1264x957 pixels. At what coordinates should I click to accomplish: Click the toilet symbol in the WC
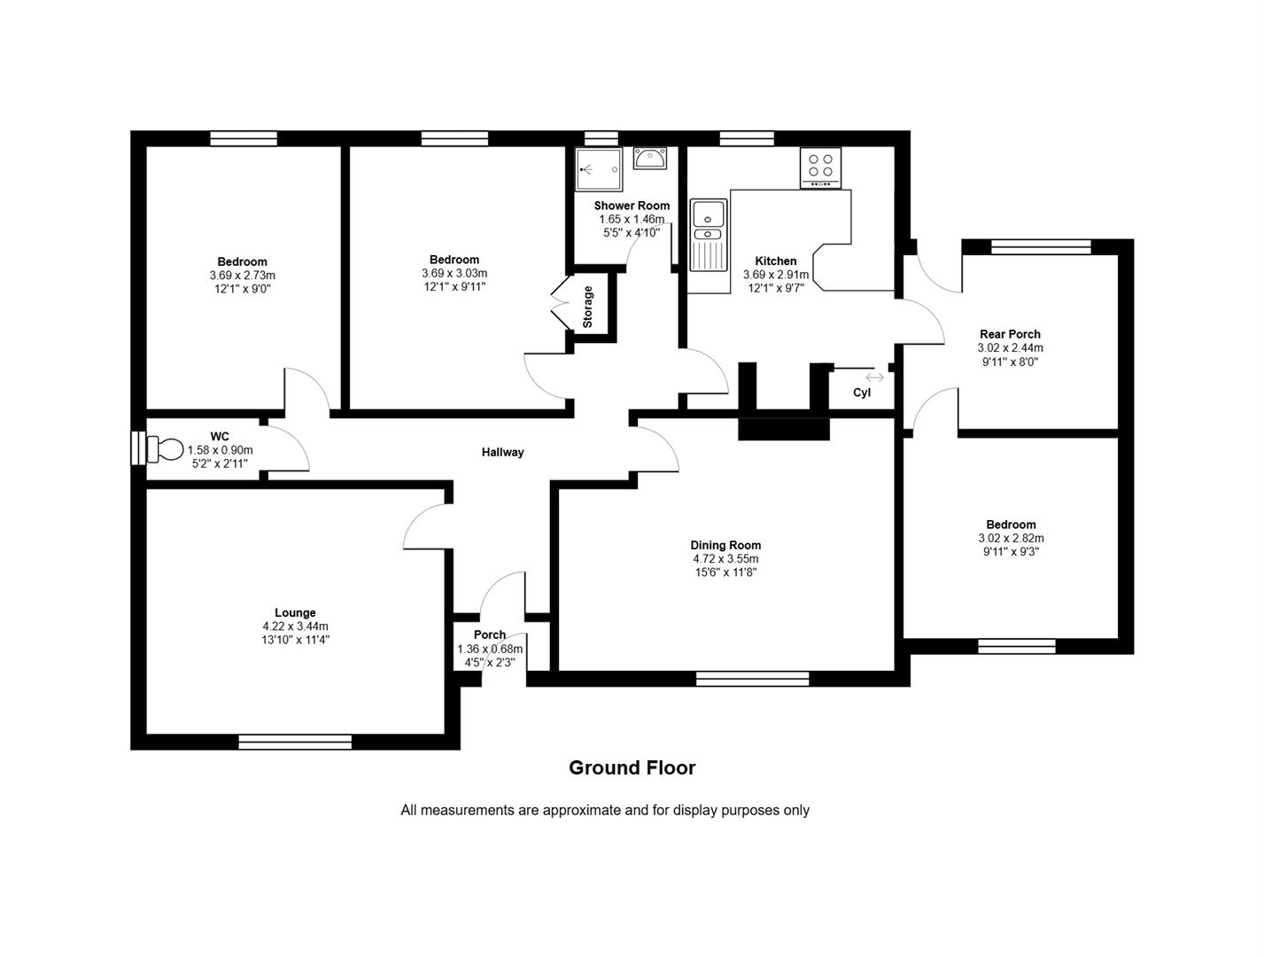164,449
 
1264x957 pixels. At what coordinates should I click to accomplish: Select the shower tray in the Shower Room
599,169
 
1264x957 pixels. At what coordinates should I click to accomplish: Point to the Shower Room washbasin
650,158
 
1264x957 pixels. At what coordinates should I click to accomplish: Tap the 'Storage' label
587,307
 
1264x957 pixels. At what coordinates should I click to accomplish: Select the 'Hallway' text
503,453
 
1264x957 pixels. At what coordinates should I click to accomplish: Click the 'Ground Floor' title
632,767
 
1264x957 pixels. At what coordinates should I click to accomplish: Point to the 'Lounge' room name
295,612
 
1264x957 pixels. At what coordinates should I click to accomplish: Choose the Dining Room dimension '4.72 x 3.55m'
725,558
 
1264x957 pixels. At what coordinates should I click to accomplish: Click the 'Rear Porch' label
1010,334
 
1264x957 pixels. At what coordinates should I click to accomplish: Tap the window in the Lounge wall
295,742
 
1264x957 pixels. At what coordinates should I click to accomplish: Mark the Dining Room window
752,679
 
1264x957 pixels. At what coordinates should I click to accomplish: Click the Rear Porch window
1041,246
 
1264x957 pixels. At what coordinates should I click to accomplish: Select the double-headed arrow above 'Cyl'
874,377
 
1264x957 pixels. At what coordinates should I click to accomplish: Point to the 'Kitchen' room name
776,261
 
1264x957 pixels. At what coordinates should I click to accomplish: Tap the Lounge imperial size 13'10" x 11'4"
295,640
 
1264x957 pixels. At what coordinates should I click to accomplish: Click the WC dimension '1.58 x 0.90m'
220,450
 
